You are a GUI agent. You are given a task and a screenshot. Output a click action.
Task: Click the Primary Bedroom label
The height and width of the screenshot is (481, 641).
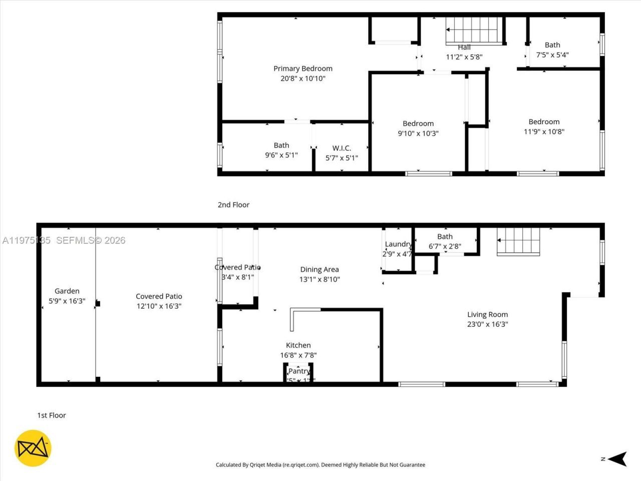point(302,69)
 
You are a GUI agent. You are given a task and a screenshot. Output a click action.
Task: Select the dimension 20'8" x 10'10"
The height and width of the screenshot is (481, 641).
point(302,79)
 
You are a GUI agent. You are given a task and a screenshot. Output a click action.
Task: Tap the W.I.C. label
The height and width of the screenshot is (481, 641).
point(342,148)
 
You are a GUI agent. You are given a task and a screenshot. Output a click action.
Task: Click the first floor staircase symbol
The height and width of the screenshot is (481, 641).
point(518,242)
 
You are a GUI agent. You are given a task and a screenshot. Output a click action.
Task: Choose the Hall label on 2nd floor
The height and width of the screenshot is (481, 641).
point(464,48)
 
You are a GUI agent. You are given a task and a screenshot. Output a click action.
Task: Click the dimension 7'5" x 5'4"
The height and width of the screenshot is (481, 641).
point(552,55)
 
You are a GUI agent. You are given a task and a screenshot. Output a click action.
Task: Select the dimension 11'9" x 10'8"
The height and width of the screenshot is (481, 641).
point(544,132)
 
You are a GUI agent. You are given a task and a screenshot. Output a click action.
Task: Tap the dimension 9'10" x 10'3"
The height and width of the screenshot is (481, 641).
point(418,134)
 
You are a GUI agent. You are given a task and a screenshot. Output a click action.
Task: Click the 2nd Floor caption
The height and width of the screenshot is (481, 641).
point(233,205)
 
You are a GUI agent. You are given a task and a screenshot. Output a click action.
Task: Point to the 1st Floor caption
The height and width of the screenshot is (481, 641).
point(52,415)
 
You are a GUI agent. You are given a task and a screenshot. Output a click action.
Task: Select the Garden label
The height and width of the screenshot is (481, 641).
point(67,291)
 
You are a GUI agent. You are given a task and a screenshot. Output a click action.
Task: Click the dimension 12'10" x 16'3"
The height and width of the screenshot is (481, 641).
point(159,306)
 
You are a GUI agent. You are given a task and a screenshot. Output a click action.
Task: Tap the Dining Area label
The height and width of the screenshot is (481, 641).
point(319,270)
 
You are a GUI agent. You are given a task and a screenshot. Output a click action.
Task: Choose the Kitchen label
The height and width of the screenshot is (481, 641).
point(298,345)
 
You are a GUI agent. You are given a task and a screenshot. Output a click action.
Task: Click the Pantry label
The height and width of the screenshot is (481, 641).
point(299,371)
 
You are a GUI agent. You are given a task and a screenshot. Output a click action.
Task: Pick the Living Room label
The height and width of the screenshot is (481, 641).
point(487,315)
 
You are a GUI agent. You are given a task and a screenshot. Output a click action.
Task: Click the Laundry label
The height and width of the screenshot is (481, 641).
point(398,245)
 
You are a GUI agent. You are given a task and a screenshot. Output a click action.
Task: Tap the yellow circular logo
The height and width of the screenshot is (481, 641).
point(33,448)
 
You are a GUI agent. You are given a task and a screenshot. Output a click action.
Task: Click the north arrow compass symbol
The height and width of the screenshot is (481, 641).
point(619,458)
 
